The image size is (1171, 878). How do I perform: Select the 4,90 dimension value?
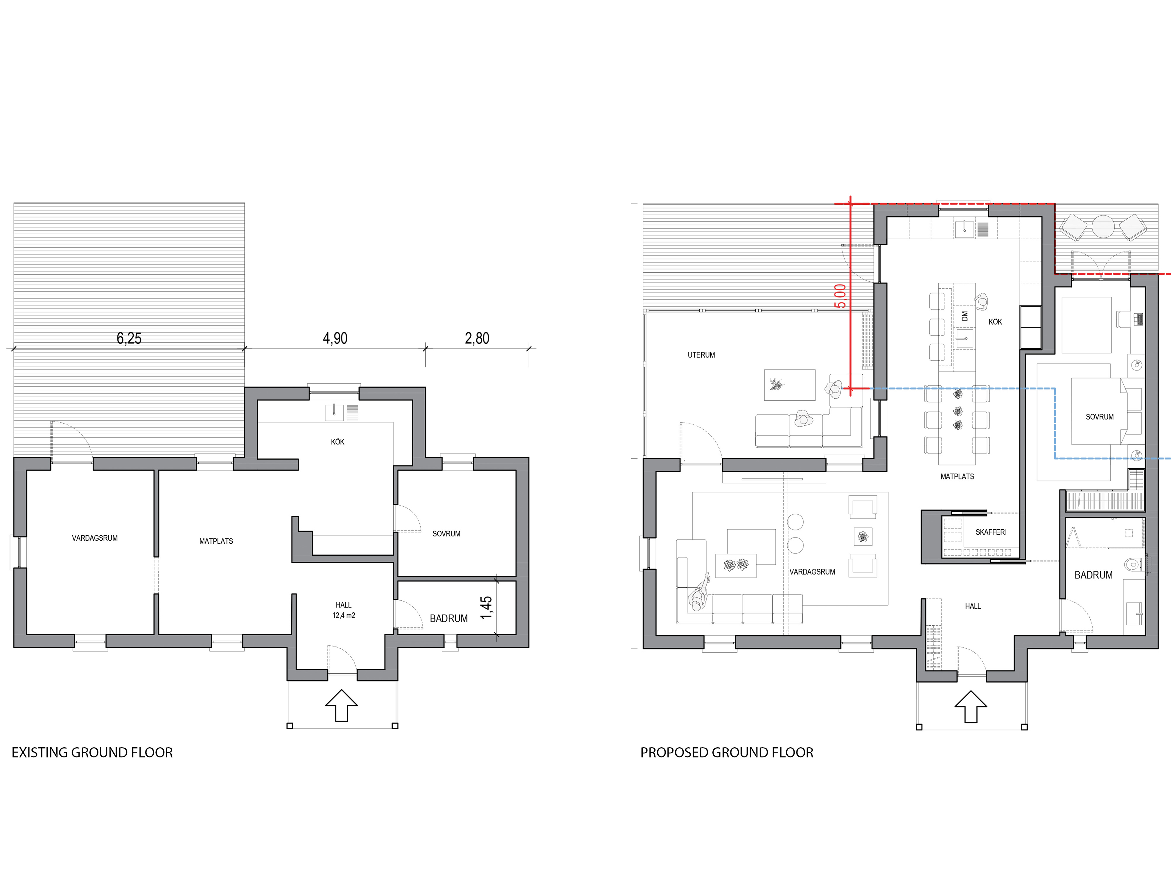[335, 338]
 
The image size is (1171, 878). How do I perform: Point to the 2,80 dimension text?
[477, 338]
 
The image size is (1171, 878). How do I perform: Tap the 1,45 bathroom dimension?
[486, 607]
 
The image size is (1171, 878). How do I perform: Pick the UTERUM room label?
[701, 355]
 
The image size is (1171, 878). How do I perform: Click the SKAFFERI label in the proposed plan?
[991, 532]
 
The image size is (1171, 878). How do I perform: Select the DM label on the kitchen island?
[965, 316]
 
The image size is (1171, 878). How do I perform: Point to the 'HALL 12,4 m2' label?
[344, 610]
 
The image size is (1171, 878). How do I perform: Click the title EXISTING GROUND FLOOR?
[92, 753]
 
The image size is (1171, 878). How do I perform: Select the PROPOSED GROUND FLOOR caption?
[727, 753]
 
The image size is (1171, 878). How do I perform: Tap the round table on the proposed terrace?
[1104, 226]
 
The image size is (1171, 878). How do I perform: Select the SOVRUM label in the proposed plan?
[1100, 417]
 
